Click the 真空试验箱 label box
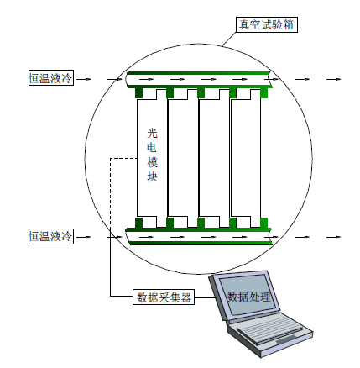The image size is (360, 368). (267, 24)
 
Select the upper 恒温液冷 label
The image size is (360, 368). (51, 77)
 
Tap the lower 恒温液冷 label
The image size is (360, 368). (51, 236)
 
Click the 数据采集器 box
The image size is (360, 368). (164, 297)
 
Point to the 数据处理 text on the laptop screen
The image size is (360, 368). (248, 297)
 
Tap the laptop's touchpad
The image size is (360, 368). (286, 339)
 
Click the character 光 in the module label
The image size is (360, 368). (153, 133)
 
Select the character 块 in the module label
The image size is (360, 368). (153, 176)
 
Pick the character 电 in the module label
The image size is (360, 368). (153, 148)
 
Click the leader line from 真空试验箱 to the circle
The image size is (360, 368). (229, 39)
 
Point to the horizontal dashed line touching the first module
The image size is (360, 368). (123, 159)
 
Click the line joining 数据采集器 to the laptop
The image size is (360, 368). (204, 297)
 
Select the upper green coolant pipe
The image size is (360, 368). (199, 80)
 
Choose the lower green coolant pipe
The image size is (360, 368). (199, 236)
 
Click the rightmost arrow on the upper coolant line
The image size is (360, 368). (333, 79)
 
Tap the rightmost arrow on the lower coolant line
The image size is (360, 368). (333, 237)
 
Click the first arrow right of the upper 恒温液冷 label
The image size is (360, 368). (84, 79)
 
